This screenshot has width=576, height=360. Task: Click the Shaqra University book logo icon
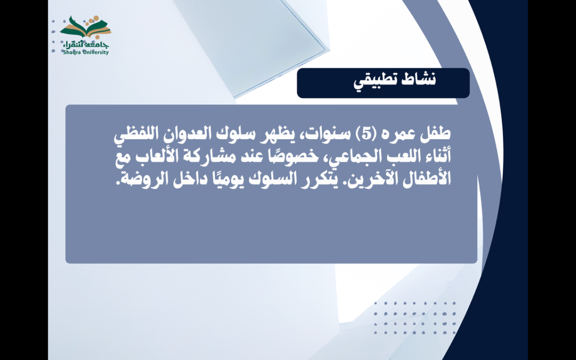click(85, 27)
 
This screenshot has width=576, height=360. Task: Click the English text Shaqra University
click(86, 52)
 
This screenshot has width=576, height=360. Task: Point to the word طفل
click(435, 134)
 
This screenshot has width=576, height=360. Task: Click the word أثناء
click(436, 156)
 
